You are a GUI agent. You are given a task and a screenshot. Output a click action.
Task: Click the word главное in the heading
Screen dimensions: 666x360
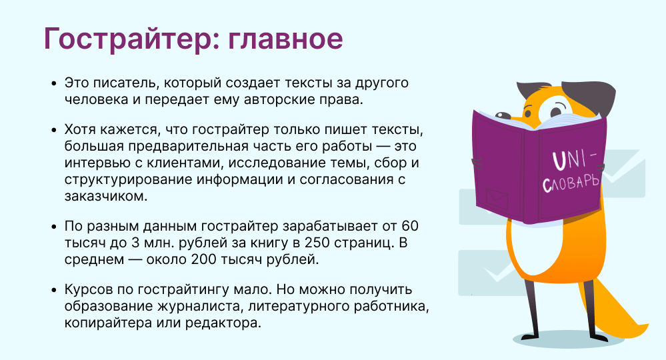(x=285, y=39)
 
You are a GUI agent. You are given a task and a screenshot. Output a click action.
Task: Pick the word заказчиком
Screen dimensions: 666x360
(x=106, y=196)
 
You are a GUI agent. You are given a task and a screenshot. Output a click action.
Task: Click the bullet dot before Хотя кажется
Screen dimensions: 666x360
(x=53, y=129)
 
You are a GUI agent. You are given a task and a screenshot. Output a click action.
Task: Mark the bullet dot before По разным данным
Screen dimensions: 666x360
(x=53, y=226)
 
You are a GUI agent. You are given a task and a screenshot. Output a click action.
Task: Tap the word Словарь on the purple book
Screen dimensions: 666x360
(x=571, y=183)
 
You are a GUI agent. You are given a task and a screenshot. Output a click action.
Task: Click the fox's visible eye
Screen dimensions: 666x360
(x=554, y=111)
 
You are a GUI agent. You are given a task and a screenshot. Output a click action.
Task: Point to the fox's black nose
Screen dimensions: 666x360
(x=503, y=115)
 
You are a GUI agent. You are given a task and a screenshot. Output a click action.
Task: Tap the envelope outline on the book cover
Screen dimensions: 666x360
(x=497, y=198)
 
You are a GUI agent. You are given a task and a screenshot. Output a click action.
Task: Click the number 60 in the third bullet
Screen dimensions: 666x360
(x=409, y=226)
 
